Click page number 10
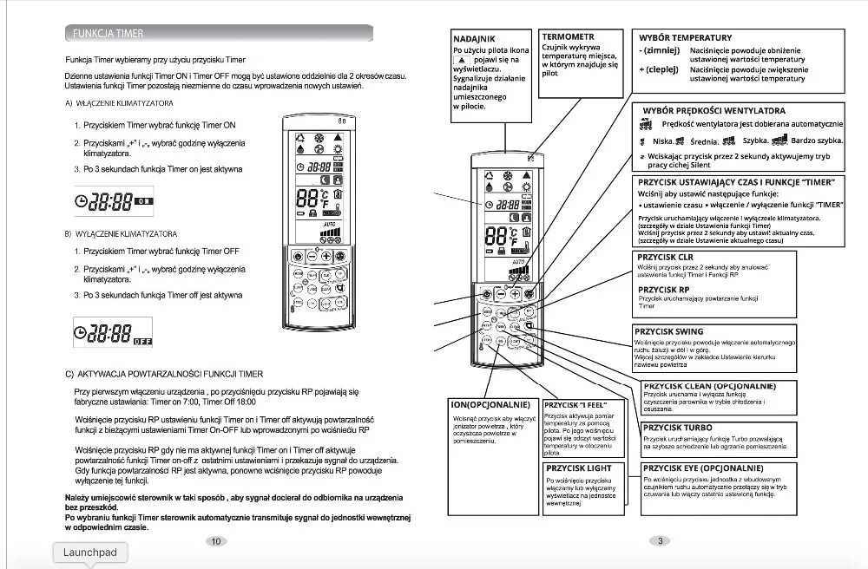216,542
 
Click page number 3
661,542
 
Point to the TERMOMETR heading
569,37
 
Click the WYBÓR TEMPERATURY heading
685,38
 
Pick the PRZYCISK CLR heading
665,258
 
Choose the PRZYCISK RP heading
662,290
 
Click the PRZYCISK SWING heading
670,331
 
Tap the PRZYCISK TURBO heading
678,428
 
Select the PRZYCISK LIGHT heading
578,468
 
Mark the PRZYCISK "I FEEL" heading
575,405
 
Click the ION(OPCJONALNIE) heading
491,404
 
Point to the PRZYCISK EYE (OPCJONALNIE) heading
704,468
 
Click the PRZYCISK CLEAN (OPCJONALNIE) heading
709,385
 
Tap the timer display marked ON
114,200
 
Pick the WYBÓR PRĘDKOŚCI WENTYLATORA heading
713,111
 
